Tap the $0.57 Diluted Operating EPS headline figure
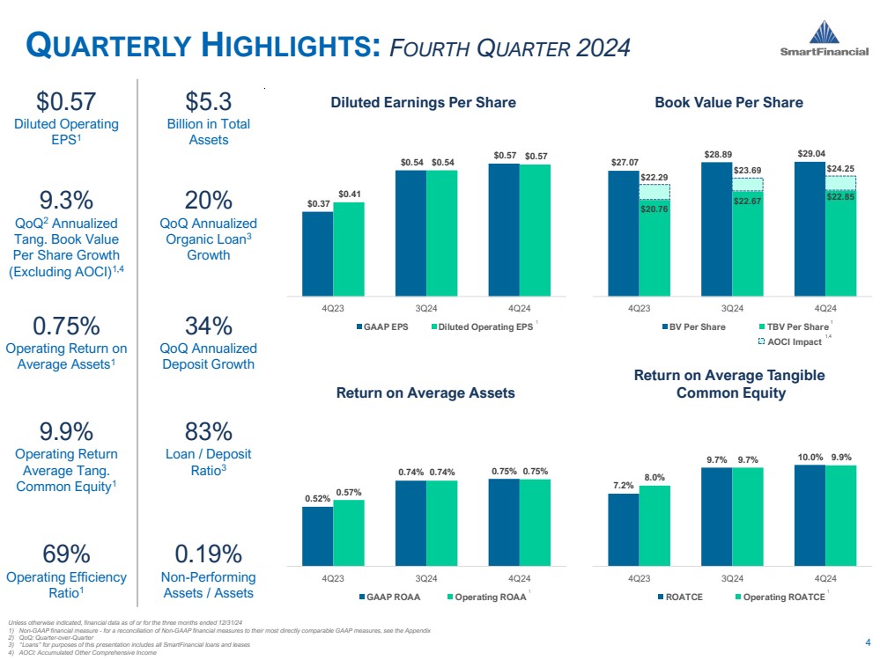[66, 102]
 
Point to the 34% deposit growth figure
[209, 326]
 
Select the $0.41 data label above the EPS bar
[349, 194]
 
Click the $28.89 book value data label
[717, 154]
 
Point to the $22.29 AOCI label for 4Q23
[654, 178]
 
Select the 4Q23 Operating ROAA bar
[349, 532]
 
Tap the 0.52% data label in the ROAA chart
[318, 499]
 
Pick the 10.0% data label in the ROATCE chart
[810, 457]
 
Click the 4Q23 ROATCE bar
[623, 529]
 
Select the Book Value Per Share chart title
[728, 103]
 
